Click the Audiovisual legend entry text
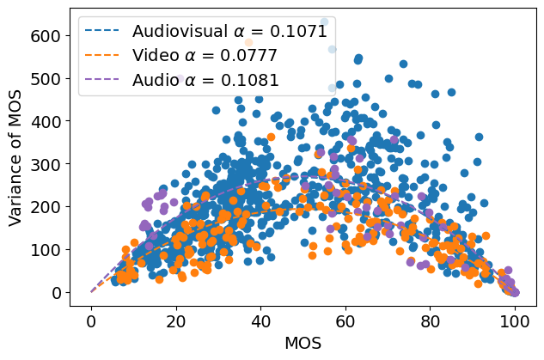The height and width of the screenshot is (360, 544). click(x=229, y=32)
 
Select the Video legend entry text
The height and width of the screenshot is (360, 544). click(x=205, y=57)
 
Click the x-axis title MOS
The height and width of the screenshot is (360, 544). click(x=303, y=344)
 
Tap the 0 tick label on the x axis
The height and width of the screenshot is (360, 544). click(x=91, y=320)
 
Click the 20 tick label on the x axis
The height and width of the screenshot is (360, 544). click(x=176, y=320)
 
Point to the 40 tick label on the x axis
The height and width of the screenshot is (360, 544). click(x=261, y=320)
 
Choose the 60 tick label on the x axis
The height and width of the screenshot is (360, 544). click(x=345, y=320)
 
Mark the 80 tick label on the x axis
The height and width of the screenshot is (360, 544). click(x=431, y=320)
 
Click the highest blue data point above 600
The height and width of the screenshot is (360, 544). click(x=324, y=21)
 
